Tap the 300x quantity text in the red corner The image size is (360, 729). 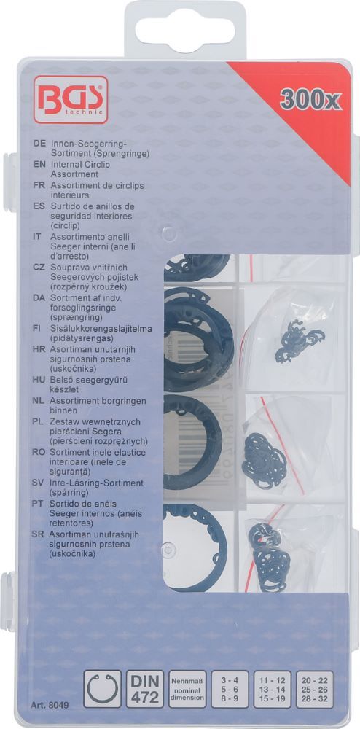tap(311, 104)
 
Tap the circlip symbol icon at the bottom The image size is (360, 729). tap(103, 689)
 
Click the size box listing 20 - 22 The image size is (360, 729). tap(326, 688)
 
